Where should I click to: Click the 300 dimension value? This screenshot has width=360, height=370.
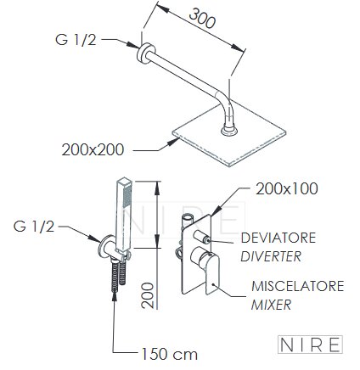click(x=202, y=18)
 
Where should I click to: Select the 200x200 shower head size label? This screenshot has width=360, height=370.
click(x=93, y=149)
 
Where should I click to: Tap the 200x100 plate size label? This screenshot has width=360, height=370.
click(x=287, y=188)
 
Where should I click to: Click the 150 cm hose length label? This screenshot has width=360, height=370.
click(x=169, y=354)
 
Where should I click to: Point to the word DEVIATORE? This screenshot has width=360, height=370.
click(x=278, y=238)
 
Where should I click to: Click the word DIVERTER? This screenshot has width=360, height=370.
click(x=271, y=256)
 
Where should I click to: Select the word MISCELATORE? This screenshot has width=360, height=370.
click(x=298, y=286)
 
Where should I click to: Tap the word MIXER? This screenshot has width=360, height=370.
click(x=271, y=305)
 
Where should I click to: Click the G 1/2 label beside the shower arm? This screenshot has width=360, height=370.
click(x=76, y=39)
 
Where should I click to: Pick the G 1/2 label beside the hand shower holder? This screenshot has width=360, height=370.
click(x=34, y=227)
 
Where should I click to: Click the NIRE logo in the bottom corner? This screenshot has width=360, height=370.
click(x=310, y=345)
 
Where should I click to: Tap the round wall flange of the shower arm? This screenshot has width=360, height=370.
click(x=143, y=53)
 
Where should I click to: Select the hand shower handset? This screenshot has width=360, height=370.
click(x=124, y=215)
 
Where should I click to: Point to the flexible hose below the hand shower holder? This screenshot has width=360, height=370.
click(x=115, y=277)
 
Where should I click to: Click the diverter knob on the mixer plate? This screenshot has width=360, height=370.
click(x=202, y=237)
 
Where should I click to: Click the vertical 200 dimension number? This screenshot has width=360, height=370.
click(x=148, y=295)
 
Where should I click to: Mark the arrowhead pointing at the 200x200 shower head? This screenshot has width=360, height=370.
click(x=173, y=142)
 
